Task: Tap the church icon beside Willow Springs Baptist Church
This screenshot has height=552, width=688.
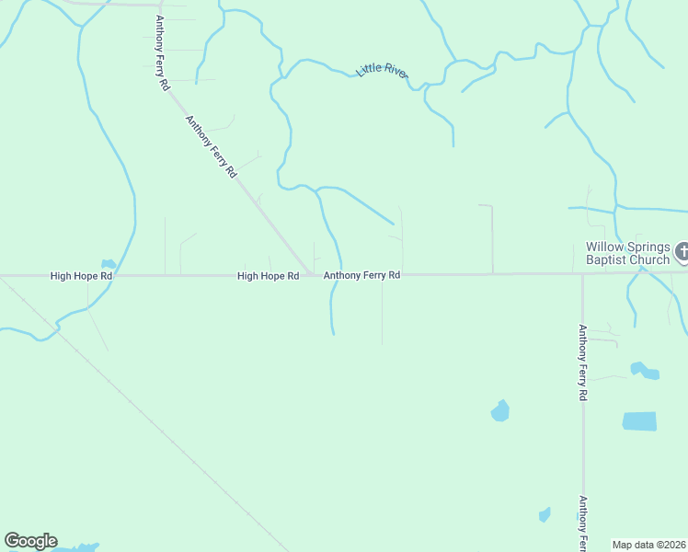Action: [682, 250]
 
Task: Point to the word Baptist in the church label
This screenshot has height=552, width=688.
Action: [603, 259]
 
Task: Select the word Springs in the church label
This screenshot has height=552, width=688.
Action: [645, 247]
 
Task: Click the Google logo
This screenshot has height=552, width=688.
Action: [30, 541]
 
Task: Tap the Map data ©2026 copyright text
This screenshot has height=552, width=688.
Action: [648, 545]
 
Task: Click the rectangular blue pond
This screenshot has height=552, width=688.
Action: [639, 421]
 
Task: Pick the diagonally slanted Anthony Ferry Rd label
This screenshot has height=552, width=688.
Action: [212, 146]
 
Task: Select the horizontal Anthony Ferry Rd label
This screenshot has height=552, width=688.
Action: [361, 275]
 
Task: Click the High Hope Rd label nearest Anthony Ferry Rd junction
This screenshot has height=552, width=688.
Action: [268, 276]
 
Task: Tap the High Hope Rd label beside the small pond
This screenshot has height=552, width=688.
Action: [81, 276]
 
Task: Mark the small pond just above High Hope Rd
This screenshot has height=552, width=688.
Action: [109, 264]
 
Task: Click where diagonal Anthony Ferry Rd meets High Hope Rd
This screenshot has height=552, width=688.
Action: [311, 273]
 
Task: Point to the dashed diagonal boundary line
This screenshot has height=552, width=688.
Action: [138, 414]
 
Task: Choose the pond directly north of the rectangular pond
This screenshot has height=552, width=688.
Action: [644, 371]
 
